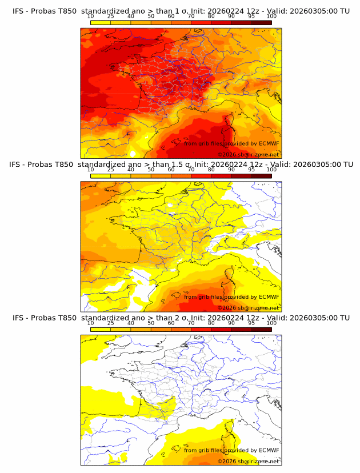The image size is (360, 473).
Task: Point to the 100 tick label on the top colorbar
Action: tap(271, 16)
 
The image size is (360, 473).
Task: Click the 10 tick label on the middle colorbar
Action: tap(90, 169)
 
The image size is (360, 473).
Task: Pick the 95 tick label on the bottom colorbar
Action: tap(251, 322)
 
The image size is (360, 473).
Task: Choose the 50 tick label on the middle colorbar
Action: tap(151, 169)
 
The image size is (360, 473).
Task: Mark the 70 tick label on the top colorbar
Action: tap(191, 16)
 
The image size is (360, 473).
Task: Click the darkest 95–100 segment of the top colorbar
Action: tap(261, 22)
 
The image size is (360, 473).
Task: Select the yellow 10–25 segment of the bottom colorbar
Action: tap(101, 328)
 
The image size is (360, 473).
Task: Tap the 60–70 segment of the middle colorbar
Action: tap(181, 175)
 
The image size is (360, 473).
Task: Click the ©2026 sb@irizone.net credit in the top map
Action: tap(249, 154)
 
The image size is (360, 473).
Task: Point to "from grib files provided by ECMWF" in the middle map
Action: tap(231, 296)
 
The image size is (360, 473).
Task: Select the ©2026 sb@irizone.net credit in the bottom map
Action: tap(249, 461)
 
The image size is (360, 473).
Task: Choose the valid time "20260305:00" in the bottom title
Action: tap(314, 318)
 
